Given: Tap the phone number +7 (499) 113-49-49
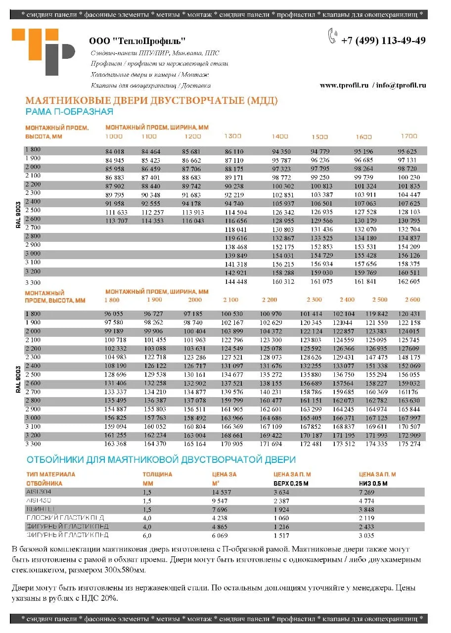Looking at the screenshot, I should click(x=383, y=41).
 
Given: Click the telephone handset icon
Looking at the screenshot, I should click(x=332, y=37).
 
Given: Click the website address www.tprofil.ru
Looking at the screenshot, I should click(x=344, y=85).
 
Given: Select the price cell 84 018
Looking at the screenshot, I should click(x=115, y=151).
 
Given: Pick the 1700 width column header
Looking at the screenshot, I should click(x=409, y=136).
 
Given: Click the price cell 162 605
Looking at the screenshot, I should click(x=408, y=281).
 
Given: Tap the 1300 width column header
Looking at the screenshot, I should click(x=233, y=136).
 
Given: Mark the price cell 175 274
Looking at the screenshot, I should click(x=408, y=444).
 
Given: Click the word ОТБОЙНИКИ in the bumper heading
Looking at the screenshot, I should click(x=55, y=460).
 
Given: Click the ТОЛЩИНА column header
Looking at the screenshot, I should click(x=157, y=474).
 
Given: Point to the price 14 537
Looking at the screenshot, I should click(x=222, y=492).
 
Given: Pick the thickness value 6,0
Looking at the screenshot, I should click(x=147, y=535).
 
